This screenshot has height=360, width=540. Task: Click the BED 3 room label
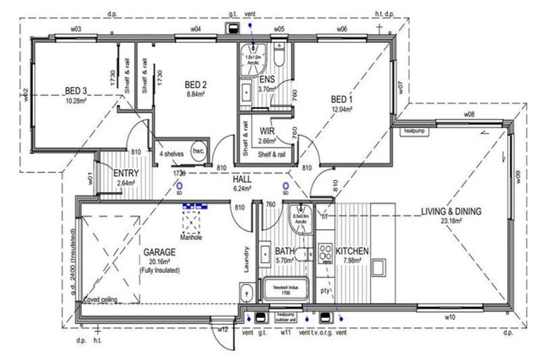pyautogui.click(x=76, y=90)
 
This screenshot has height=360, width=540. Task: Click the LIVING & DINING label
pyautogui.click(x=451, y=211)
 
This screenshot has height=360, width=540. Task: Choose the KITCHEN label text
pyautogui.click(x=352, y=251)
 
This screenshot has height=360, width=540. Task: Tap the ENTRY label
pyautogui.click(x=125, y=174)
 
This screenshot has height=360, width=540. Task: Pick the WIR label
pyautogui.click(x=266, y=131)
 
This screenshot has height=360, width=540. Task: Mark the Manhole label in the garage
pyautogui.click(x=191, y=237)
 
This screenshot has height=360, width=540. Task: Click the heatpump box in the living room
pyautogui.click(x=412, y=131)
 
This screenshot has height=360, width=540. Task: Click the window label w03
pyautogui.click(x=75, y=29)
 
